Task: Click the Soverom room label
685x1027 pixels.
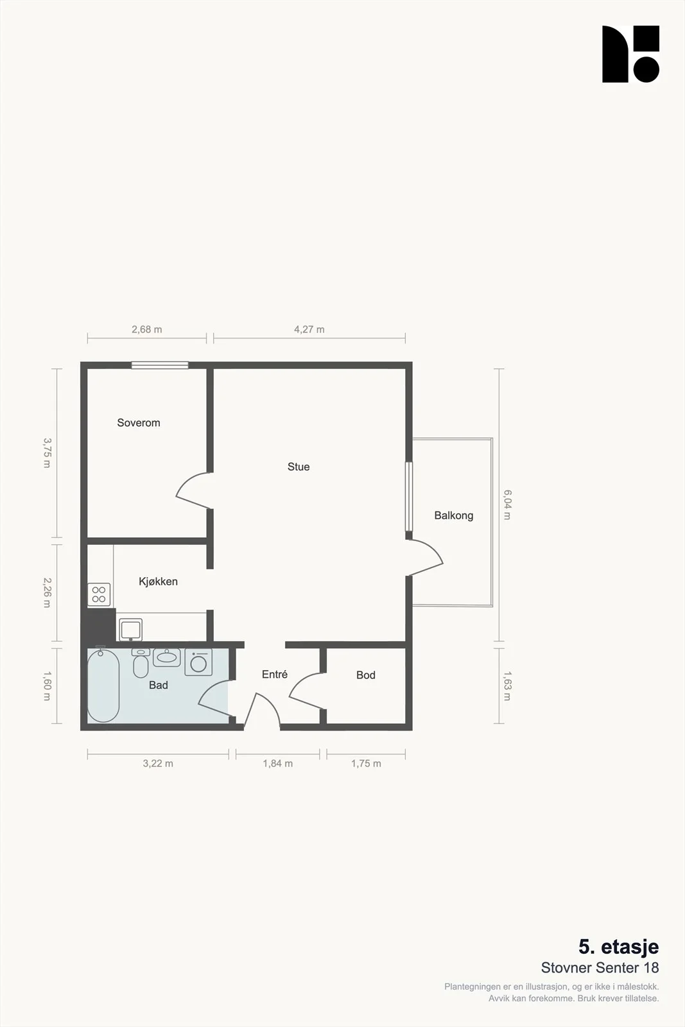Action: tap(139, 423)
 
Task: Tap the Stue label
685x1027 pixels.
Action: tap(299, 467)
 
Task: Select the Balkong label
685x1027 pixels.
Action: tap(453, 516)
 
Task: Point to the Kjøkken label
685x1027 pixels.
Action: tap(158, 582)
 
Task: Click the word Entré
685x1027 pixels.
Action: tap(275, 674)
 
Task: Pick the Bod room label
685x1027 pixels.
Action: tap(366, 675)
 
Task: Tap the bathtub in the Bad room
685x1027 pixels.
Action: tap(103, 684)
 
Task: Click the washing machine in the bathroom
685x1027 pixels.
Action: tap(198, 662)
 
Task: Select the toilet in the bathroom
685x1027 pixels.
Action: tap(141, 663)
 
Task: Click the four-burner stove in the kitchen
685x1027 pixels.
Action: tap(99, 594)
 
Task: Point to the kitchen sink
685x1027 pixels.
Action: tap(131, 630)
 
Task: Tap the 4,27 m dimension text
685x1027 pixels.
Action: tap(309, 329)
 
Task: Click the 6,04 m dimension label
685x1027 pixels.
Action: tap(508, 505)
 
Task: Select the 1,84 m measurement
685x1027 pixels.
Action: tap(278, 763)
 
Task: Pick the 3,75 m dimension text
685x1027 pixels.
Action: tap(48, 453)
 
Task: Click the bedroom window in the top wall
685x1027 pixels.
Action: tap(160, 365)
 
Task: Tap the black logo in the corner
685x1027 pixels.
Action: tap(631, 54)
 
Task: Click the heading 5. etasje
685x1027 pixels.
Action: tap(618, 946)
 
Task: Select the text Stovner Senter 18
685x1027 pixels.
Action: tap(600, 968)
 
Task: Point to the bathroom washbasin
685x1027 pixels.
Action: tap(166, 657)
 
